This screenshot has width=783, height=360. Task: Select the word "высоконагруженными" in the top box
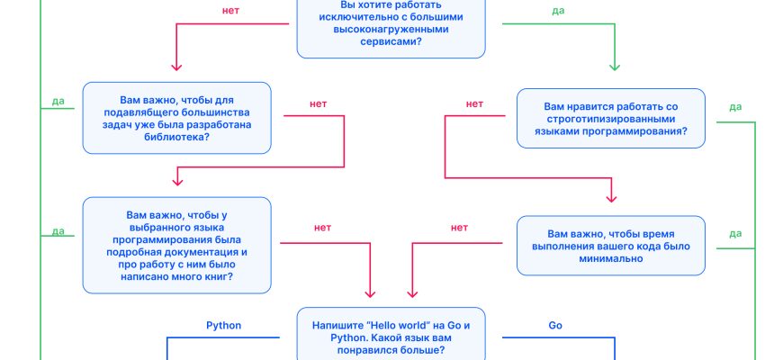391,28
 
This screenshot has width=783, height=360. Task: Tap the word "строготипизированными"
610,118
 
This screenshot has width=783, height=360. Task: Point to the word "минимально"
610,259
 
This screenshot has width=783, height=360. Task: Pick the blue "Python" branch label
224,325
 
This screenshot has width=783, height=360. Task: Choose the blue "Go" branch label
555,325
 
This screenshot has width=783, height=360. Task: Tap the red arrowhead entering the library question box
176,67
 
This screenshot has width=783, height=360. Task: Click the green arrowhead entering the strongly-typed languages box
616,67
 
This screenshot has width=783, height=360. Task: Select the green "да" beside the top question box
558,11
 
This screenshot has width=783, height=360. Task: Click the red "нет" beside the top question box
229,11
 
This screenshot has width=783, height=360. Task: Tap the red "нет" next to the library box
318,104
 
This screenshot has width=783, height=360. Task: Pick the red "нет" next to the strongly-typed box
474,104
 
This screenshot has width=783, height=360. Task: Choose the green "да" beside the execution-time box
735,234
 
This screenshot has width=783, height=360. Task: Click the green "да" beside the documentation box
58,231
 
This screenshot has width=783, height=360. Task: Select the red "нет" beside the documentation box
322,228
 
